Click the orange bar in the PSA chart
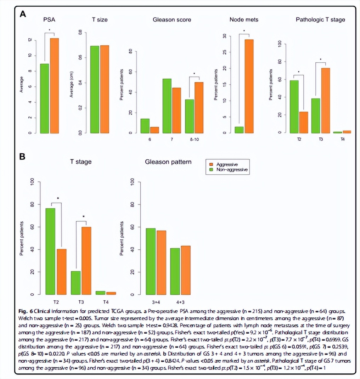click(x=54, y=85)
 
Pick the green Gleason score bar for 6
click(x=145, y=126)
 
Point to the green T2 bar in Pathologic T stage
click(x=294, y=106)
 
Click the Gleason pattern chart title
click(x=168, y=162)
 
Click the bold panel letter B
click(x=22, y=156)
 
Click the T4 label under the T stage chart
click(x=106, y=302)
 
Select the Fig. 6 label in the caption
click(x=25, y=312)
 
